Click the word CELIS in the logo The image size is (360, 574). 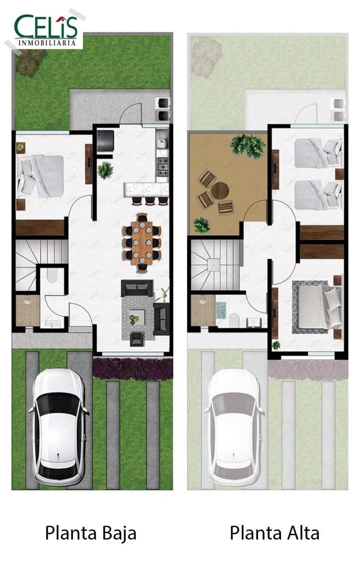coord(45,26)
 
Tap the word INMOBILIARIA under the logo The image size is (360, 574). coord(47,43)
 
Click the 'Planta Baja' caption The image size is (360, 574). coord(90,534)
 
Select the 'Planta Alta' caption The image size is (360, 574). coord(274,533)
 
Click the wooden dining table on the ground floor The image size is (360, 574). coord(142,243)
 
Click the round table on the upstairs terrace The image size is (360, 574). coord(220,190)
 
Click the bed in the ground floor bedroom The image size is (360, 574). coord(41,177)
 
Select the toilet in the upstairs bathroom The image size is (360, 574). coord(234,320)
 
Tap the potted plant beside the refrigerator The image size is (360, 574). coord(105,170)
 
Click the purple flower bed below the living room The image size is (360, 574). coord(133,368)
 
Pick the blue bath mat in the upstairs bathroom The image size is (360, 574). coord(221,310)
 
